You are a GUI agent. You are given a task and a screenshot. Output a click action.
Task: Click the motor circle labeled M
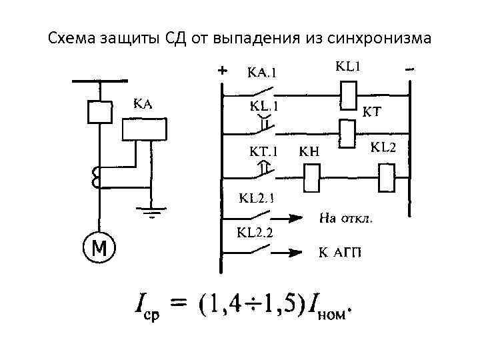pyautogui.click(x=99, y=249)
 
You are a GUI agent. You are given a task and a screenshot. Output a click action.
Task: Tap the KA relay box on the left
pyautogui.click(x=143, y=129)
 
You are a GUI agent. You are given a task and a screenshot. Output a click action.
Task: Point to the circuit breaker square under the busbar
pyautogui.click(x=99, y=111)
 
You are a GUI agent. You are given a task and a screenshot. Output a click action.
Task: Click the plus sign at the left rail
pyautogui.click(x=223, y=69)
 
